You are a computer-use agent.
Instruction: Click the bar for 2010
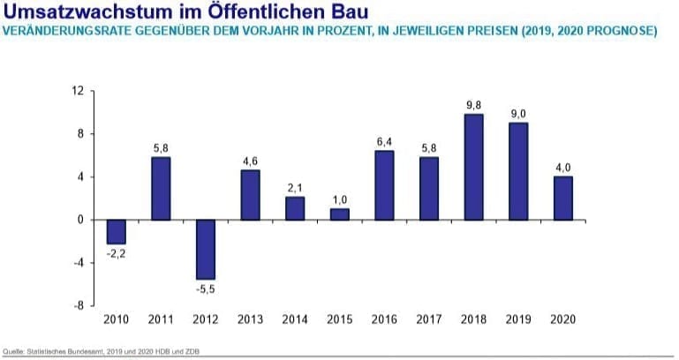point(117,231)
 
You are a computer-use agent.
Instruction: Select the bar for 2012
point(206,249)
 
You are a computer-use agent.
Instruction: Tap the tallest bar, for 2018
point(473,167)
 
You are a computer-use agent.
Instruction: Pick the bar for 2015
point(339,214)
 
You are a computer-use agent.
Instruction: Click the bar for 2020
point(562,198)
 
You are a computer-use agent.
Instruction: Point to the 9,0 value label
point(518,113)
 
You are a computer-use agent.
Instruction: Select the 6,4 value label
point(384,141)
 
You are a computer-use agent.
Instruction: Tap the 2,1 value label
point(295,187)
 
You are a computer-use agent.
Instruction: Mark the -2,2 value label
point(116,253)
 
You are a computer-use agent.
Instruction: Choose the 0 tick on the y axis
point(79,220)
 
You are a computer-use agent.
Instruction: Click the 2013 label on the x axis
point(250,320)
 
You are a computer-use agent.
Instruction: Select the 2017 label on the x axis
point(428,320)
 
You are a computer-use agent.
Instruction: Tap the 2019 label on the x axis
point(518,320)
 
